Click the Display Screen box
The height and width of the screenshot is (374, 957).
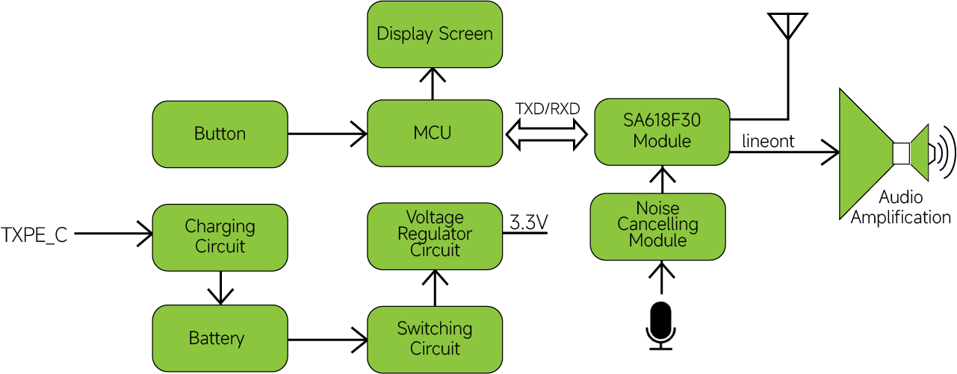click(435, 34)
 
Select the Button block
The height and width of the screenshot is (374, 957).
click(220, 134)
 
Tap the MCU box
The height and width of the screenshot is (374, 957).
click(435, 134)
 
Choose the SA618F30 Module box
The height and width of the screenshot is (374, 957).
click(661, 131)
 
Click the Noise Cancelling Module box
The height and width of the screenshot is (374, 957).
click(658, 225)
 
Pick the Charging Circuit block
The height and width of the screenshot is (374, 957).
click(220, 236)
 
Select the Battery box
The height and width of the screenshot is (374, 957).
click(220, 338)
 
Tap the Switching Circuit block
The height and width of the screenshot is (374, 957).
click(435, 338)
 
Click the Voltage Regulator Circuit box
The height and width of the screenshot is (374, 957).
click(435, 234)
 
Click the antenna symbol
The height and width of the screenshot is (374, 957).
click(788, 26)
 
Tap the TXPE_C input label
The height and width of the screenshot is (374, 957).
click(34, 236)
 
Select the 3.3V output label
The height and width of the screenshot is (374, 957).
click(529, 222)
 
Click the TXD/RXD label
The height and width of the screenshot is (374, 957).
click(548, 110)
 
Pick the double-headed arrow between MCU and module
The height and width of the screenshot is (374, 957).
click(548, 134)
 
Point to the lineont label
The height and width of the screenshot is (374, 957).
click(768, 141)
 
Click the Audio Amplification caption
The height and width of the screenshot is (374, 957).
click(900, 208)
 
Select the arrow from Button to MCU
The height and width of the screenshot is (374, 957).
click(327, 134)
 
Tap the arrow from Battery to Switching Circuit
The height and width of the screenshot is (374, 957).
click(327, 340)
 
